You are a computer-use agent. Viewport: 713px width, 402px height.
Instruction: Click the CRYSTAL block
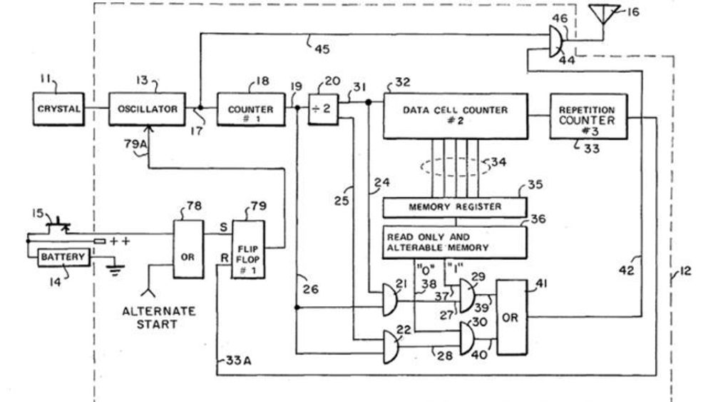(x=58, y=109)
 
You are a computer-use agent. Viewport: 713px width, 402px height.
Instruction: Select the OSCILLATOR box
(x=147, y=109)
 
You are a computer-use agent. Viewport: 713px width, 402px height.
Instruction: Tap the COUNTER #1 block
(x=250, y=110)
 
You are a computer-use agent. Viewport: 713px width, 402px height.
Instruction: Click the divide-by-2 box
(x=323, y=109)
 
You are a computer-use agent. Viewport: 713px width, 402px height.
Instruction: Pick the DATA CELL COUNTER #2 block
(x=456, y=116)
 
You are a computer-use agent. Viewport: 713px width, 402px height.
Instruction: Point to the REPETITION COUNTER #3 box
(x=588, y=116)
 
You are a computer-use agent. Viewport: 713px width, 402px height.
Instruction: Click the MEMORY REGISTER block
(x=455, y=207)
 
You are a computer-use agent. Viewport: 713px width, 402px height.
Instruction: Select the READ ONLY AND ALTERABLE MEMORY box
(x=455, y=242)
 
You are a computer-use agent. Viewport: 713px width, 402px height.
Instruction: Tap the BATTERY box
(x=63, y=257)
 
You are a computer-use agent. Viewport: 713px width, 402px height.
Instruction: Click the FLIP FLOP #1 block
(x=248, y=249)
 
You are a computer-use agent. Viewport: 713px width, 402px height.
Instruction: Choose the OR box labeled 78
(x=188, y=249)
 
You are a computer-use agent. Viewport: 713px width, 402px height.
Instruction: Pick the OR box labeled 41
(x=511, y=317)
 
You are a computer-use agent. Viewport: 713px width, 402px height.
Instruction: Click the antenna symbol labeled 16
(x=604, y=14)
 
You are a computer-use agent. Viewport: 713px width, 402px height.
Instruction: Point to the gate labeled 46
(x=555, y=41)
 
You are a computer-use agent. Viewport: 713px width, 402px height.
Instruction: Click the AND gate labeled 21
(x=389, y=300)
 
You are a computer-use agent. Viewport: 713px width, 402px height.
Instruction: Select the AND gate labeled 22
(x=391, y=347)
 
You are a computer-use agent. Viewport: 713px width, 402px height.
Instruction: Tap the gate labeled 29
(x=467, y=296)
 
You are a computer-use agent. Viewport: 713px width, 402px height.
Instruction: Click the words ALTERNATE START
(x=159, y=318)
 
